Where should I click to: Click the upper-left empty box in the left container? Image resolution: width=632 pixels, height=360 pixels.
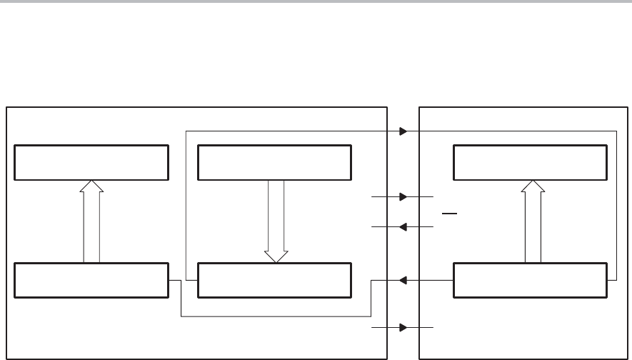click(91, 162)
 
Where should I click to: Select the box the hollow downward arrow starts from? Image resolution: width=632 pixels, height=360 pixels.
click(275, 162)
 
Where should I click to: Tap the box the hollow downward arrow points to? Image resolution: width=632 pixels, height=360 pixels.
click(275, 281)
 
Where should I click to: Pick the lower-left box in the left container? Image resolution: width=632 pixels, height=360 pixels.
click(91, 281)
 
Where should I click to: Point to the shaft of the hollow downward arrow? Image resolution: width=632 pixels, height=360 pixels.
click(276, 214)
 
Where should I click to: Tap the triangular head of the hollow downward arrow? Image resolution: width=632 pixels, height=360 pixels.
click(276, 256)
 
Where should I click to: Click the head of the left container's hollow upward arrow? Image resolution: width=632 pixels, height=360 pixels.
click(91, 186)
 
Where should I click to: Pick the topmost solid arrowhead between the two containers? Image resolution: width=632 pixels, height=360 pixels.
click(403, 131)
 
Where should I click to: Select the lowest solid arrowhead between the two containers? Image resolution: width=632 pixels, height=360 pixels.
click(403, 328)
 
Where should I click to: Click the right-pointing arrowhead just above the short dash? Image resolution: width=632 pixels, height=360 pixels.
click(403, 196)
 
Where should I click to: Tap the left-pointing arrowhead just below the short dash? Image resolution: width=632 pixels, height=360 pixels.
click(403, 227)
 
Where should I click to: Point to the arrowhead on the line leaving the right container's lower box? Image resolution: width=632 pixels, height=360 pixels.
click(403, 281)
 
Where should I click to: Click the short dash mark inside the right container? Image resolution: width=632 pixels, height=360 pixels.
click(449, 213)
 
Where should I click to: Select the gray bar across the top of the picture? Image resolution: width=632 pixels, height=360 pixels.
click(316, 2)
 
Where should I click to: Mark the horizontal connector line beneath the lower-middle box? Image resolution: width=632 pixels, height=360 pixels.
click(276, 316)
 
